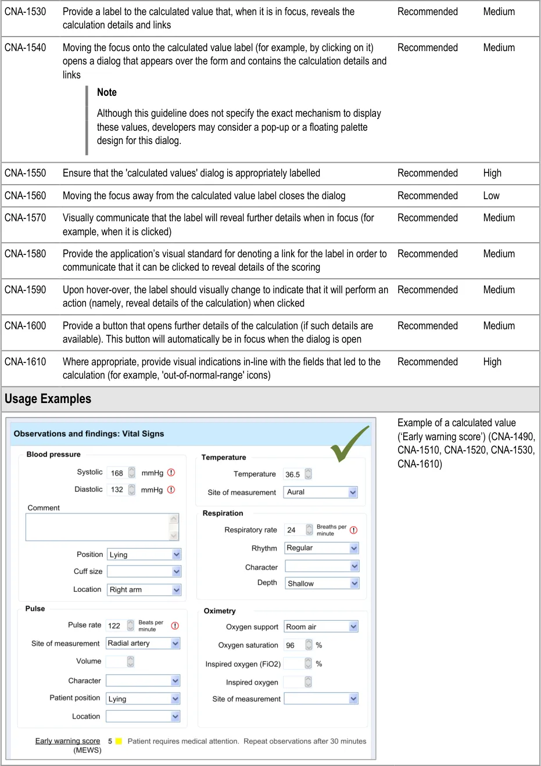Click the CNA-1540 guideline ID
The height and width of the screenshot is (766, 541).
click(x=25, y=48)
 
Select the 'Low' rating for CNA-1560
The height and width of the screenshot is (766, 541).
click(x=491, y=196)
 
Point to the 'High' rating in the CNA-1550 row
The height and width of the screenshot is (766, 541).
click(x=492, y=173)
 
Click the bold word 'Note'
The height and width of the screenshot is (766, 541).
click(x=107, y=92)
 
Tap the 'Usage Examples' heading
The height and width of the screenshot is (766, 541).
click(x=48, y=399)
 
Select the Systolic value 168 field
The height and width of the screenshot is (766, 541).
click(x=117, y=473)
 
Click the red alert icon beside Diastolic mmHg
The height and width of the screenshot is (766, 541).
click(x=171, y=490)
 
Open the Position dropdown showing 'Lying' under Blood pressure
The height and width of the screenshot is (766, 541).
click(x=144, y=555)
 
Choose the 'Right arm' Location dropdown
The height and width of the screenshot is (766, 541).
click(x=144, y=589)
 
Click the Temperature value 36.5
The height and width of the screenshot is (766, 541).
click(x=292, y=474)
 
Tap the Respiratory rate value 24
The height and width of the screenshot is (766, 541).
click(x=291, y=530)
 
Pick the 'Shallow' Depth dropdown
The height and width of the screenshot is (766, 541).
click(x=322, y=584)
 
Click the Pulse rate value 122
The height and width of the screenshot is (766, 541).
click(x=114, y=625)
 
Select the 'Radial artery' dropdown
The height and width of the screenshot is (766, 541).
click(x=143, y=643)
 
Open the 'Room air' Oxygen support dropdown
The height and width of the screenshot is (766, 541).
click(x=321, y=627)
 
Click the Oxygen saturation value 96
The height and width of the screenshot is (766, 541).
click(x=290, y=645)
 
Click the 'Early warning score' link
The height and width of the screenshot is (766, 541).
click(x=67, y=741)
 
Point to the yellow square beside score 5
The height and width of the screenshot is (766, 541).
click(x=119, y=741)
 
